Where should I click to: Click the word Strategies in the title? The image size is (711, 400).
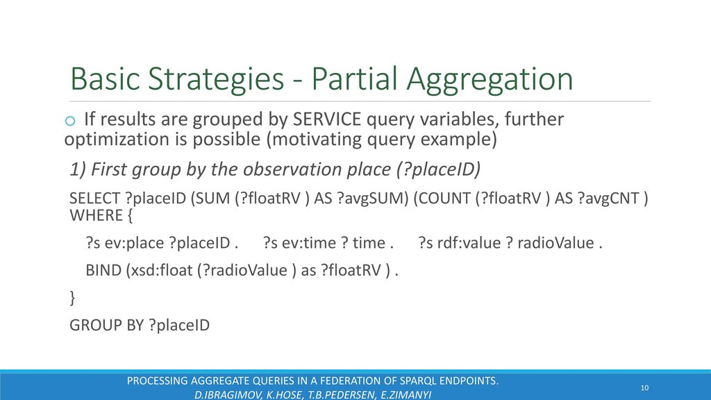click(216, 80)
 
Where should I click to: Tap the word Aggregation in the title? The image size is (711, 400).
click(490, 80)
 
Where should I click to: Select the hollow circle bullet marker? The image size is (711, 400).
click(70, 121)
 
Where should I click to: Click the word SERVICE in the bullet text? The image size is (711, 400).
click(327, 119)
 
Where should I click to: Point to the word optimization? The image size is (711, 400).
click(126, 140)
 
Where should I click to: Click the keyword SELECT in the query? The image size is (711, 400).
click(94, 198)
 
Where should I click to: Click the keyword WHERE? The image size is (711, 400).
click(97, 215)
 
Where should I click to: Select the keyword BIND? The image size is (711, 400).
click(103, 270)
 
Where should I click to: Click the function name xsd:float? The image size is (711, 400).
click(161, 270)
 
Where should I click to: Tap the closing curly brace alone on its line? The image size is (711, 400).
click(72, 298)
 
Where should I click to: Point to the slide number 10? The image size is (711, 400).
click(644, 387)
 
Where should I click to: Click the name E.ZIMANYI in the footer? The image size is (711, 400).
click(405, 394)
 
